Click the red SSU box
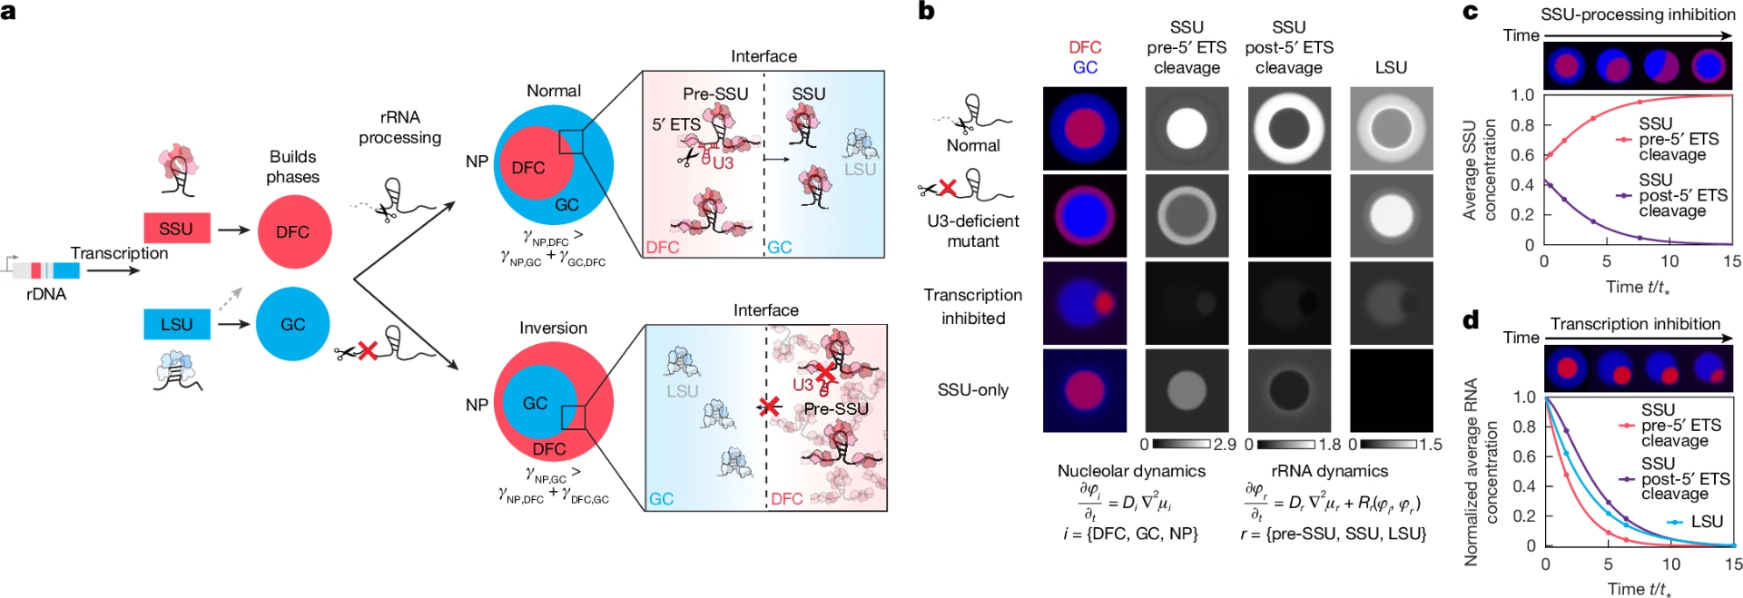click(176, 229)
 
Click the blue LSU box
click(176, 324)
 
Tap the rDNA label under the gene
click(46, 294)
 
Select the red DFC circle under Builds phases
click(293, 231)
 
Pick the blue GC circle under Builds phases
click(292, 324)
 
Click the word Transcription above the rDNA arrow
click(119, 253)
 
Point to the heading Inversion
click(553, 328)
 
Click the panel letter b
click(926, 12)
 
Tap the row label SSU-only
click(973, 390)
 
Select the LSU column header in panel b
click(1391, 67)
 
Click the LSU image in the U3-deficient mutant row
click(1391, 216)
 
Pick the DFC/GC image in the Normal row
click(1085, 128)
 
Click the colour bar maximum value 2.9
click(1225, 445)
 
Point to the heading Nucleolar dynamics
click(1131, 471)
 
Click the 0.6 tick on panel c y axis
click(1522, 155)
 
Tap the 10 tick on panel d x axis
click(1671, 564)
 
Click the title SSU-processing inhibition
click(1638, 15)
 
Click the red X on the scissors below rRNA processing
click(367, 350)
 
